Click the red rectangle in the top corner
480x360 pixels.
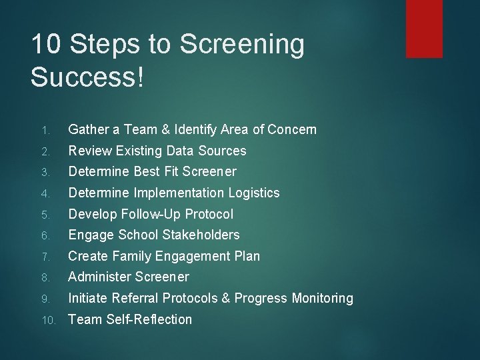(x=424, y=28)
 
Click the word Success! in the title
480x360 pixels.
(x=87, y=77)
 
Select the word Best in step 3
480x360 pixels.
(x=147, y=171)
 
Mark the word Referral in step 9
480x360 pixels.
(x=137, y=298)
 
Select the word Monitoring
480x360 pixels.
(x=322, y=298)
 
